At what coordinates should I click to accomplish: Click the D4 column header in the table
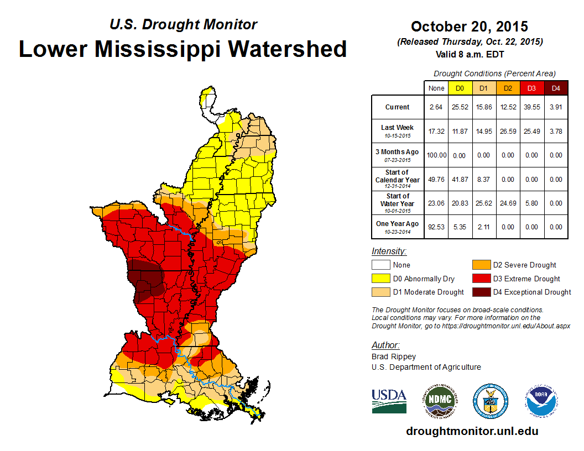pos(556,88)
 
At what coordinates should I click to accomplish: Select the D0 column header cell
pos(460,88)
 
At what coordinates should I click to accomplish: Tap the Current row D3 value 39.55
pos(531,107)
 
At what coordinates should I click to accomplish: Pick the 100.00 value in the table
pos(436,155)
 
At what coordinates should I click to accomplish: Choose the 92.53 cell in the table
pos(436,227)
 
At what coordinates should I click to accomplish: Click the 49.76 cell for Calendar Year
pos(436,180)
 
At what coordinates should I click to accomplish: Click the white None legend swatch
pos(380,265)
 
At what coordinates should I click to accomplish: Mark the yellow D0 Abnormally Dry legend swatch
pos(380,279)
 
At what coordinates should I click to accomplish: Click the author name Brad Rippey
pos(394,356)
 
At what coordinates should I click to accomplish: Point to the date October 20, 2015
pos(470,27)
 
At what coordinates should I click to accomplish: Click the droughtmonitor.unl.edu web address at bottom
pos(472,431)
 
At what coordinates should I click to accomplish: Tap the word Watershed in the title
pos(285,49)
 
